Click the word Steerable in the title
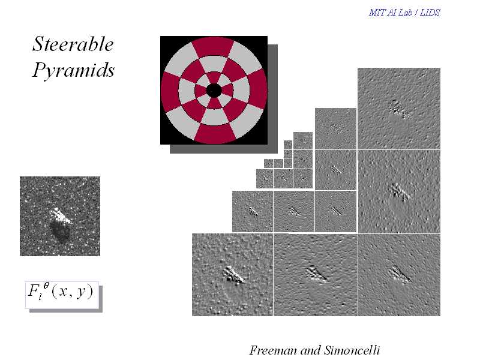click(x=73, y=44)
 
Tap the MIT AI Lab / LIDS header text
click(x=404, y=13)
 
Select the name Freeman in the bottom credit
click(x=274, y=350)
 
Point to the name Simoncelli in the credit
click(x=352, y=350)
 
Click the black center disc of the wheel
click(x=214, y=91)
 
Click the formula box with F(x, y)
click(x=62, y=295)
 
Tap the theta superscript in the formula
click(x=46, y=286)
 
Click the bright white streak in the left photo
click(x=61, y=215)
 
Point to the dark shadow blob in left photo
click(x=61, y=232)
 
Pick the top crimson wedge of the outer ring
click(x=214, y=47)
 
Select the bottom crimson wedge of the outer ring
click(x=214, y=134)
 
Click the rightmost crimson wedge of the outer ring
click(x=258, y=91)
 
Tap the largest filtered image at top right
click(x=399, y=109)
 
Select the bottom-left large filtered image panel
click(x=232, y=275)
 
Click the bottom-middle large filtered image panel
click(x=316, y=275)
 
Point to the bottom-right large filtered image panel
click(x=399, y=275)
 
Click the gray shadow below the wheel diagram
click(x=223, y=149)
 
